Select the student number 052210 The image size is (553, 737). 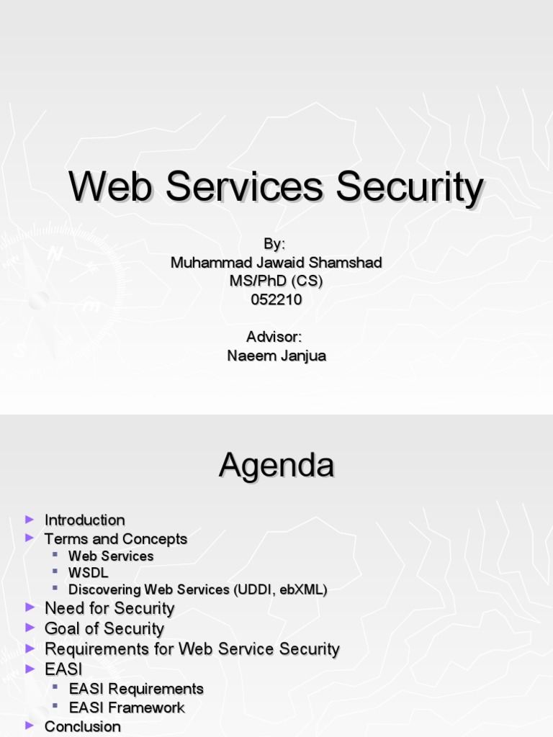tap(276, 300)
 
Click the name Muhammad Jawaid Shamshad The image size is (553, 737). tap(276, 263)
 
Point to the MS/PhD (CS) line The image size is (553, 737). tap(276, 281)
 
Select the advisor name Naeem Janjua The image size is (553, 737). tap(276, 356)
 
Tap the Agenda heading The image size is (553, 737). tap(276, 466)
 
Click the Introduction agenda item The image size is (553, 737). tap(84, 520)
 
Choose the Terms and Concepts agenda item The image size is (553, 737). tap(115, 538)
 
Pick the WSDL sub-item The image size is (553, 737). tap(88, 573)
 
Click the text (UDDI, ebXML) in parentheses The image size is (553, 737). tap(280, 590)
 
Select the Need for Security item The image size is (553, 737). tap(109, 608)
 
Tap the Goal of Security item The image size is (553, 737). tap(104, 628)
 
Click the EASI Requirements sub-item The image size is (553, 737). tap(136, 689)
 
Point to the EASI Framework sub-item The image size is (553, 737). tap(127, 707)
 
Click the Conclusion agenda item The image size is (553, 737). tap(82, 726)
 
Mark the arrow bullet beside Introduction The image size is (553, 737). tap(29, 519)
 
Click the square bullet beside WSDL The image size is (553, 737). tap(55, 572)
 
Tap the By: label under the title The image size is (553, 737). tap(276, 244)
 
